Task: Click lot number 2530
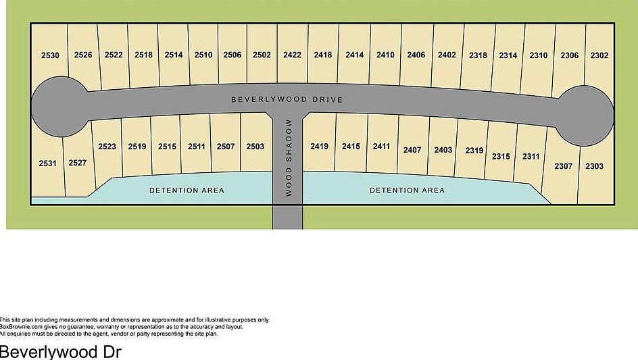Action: [x=50, y=55]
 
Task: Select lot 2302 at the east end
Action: [x=599, y=55]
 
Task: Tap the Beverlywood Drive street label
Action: [x=287, y=100]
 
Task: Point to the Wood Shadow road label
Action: [x=289, y=158]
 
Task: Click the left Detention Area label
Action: [x=187, y=190]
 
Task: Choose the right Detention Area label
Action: [x=407, y=190]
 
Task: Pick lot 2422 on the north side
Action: [x=292, y=55]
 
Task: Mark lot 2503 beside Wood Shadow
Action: [x=255, y=147]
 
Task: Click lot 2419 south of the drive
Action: [x=319, y=147]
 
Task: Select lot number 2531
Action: [x=47, y=163]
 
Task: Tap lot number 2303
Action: [x=594, y=166]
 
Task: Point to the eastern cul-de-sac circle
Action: [x=585, y=115]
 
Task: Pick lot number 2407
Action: [x=412, y=150]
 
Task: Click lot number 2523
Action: [x=107, y=147]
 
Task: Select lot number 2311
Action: [x=531, y=157]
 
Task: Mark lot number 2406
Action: [x=416, y=55]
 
